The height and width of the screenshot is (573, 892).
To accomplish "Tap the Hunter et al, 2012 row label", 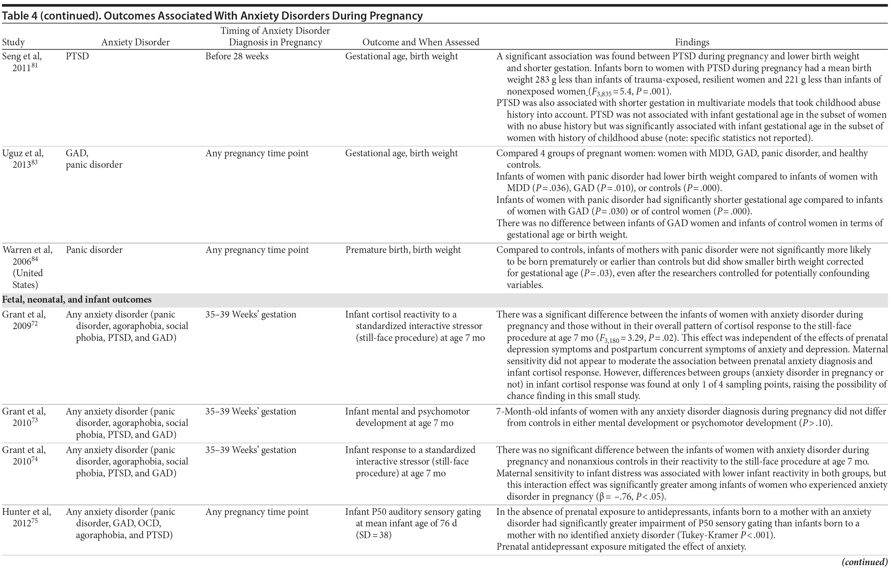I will [x=26, y=517].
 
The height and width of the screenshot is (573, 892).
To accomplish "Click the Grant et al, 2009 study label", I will [x=24, y=320].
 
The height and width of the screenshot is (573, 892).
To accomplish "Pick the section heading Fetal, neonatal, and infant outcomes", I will [x=77, y=300].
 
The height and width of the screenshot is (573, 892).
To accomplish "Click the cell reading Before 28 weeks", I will [x=237, y=57].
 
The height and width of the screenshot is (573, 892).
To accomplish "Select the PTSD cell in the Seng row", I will [x=77, y=57].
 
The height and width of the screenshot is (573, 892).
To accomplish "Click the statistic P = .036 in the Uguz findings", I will [x=551, y=188].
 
